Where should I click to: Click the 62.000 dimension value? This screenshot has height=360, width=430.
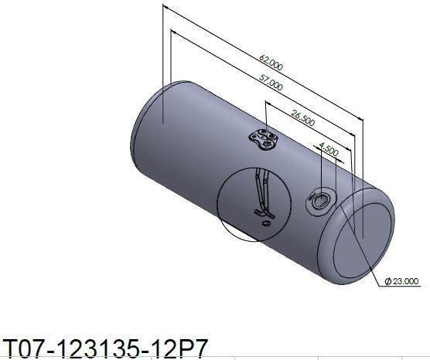click(271, 63)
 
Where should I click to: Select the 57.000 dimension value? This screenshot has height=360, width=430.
click(271, 83)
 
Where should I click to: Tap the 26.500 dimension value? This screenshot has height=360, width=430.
click(302, 117)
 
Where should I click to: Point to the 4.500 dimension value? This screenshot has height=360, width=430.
click(329, 149)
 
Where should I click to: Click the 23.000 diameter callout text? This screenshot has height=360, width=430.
click(406, 281)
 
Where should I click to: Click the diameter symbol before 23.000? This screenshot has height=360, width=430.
click(388, 281)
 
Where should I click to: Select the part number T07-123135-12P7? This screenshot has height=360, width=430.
click(104, 349)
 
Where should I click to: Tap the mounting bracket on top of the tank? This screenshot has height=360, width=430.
click(263, 139)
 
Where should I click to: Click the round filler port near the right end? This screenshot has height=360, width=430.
click(319, 201)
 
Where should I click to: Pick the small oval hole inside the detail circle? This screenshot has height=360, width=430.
click(265, 223)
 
